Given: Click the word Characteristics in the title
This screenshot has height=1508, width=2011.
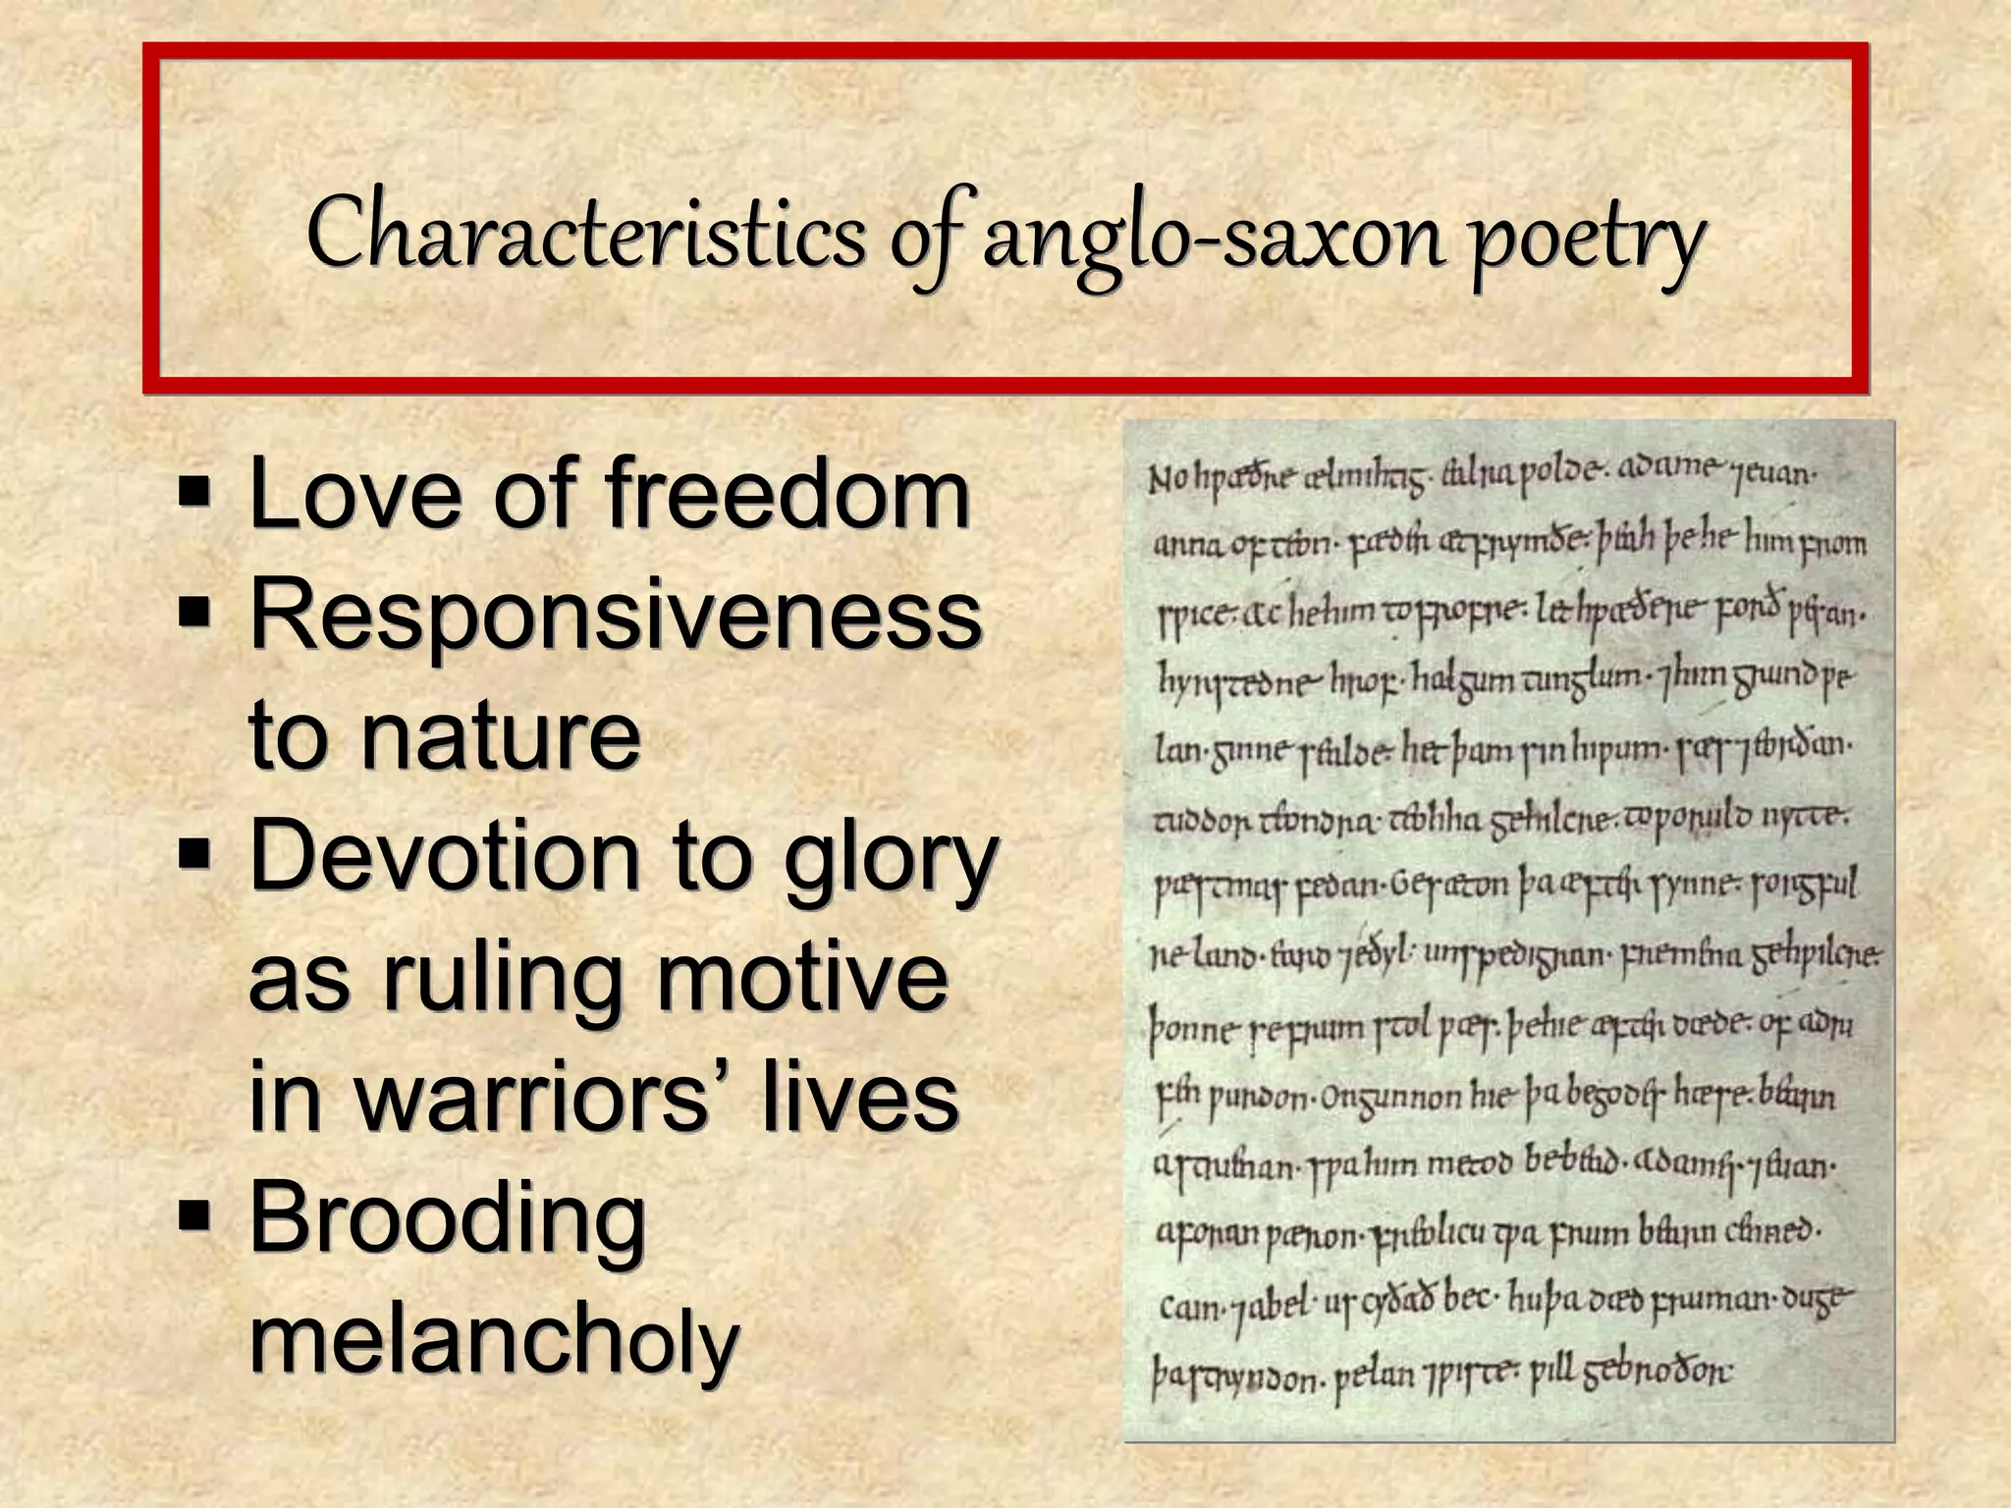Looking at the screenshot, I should (585, 236).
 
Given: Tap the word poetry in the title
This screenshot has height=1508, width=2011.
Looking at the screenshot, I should (1587, 241).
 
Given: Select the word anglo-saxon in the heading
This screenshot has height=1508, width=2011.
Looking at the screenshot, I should (1214, 241).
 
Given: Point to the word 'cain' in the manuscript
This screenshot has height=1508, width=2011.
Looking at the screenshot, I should (1190, 1308).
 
